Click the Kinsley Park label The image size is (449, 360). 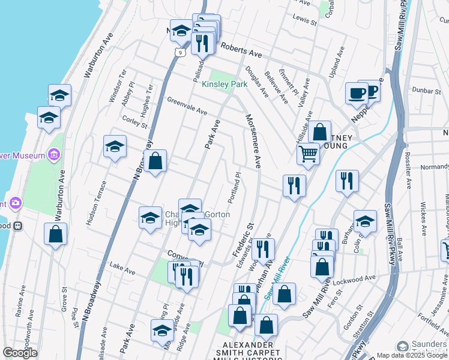224,85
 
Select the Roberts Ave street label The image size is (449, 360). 241,50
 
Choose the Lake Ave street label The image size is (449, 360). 123,268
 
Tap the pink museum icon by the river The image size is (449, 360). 54,155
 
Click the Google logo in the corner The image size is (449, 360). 20,353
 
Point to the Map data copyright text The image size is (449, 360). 412,355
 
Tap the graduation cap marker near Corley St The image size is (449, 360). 115,146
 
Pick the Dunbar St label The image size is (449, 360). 428,91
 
